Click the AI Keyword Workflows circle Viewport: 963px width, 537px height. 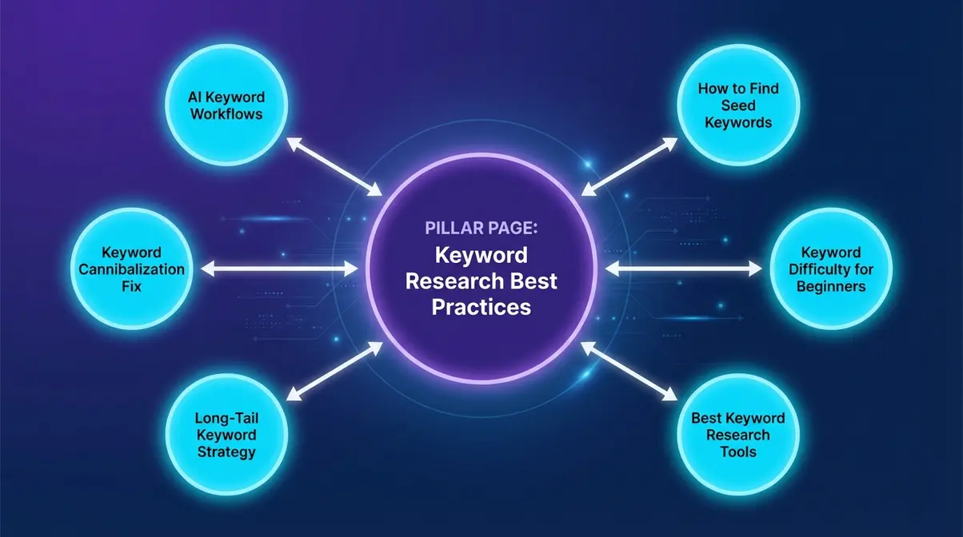click(x=226, y=105)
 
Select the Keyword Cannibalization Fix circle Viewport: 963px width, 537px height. click(x=131, y=268)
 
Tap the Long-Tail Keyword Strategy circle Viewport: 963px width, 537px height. click(x=226, y=435)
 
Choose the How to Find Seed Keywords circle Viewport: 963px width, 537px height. click(x=738, y=105)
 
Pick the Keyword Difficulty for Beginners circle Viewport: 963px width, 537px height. click(x=831, y=268)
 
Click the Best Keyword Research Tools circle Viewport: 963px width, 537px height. click(x=738, y=435)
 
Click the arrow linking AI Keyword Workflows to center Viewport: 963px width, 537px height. click(x=334, y=166)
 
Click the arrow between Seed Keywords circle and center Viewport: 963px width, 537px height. click(x=629, y=166)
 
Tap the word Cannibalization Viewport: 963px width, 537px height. click(x=131, y=268)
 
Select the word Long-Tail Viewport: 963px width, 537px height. click(x=226, y=418)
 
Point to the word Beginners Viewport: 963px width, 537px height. click(x=831, y=285)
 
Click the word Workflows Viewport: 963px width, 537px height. click(x=226, y=113)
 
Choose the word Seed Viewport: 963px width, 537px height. click(x=738, y=105)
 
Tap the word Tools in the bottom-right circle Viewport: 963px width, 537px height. click(x=738, y=451)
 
